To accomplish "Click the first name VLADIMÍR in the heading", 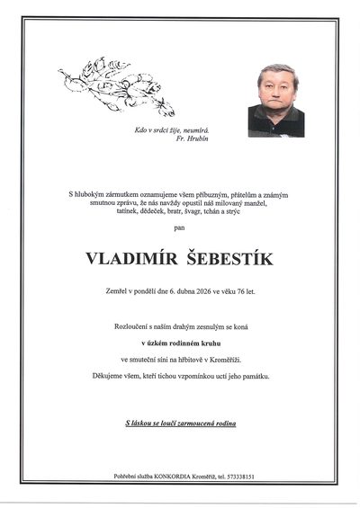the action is pyautogui.click(x=131, y=259).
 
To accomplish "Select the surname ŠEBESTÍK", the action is pyautogui.click(x=229, y=259).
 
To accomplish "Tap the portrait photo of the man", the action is pyautogui.click(x=276, y=100).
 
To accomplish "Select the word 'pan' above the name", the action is pyautogui.click(x=180, y=229).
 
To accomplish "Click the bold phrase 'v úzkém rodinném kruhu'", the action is pyautogui.click(x=180, y=345).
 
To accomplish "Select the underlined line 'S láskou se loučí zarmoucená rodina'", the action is pyautogui.click(x=180, y=422).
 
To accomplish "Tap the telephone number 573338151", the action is pyautogui.click(x=229, y=476).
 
